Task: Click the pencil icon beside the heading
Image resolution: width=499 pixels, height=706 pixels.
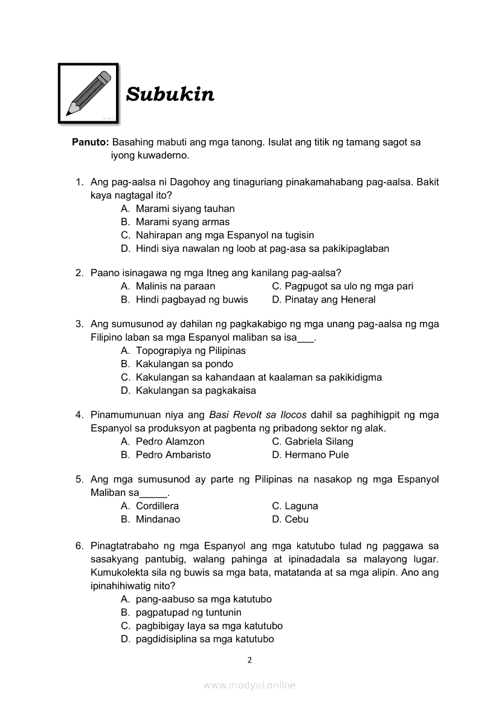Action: (x=89, y=94)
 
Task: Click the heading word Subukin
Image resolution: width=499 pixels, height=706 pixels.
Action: (x=170, y=95)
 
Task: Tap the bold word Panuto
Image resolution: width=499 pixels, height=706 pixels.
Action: (x=90, y=143)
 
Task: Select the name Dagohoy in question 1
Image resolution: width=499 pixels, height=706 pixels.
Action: (x=192, y=182)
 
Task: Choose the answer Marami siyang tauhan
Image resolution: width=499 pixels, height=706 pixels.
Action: (x=185, y=208)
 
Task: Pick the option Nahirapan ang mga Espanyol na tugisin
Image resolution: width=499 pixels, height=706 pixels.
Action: (x=225, y=235)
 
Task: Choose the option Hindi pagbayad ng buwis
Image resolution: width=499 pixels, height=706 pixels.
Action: (x=192, y=300)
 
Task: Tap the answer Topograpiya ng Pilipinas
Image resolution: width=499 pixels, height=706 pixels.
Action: (x=190, y=350)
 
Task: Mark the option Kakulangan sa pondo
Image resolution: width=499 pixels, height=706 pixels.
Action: (x=184, y=364)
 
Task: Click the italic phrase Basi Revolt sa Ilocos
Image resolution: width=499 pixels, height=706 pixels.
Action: (x=258, y=415)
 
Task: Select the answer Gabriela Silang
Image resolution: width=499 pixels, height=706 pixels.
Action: (x=319, y=441)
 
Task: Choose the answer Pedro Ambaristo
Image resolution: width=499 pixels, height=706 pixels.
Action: (x=173, y=455)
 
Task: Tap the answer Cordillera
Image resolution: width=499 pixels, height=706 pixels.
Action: (x=157, y=506)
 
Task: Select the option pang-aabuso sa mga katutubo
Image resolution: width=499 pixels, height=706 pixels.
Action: (x=204, y=599)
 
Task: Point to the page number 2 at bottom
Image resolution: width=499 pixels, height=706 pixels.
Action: (x=249, y=659)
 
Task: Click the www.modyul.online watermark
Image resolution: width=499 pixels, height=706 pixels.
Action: (x=249, y=685)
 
